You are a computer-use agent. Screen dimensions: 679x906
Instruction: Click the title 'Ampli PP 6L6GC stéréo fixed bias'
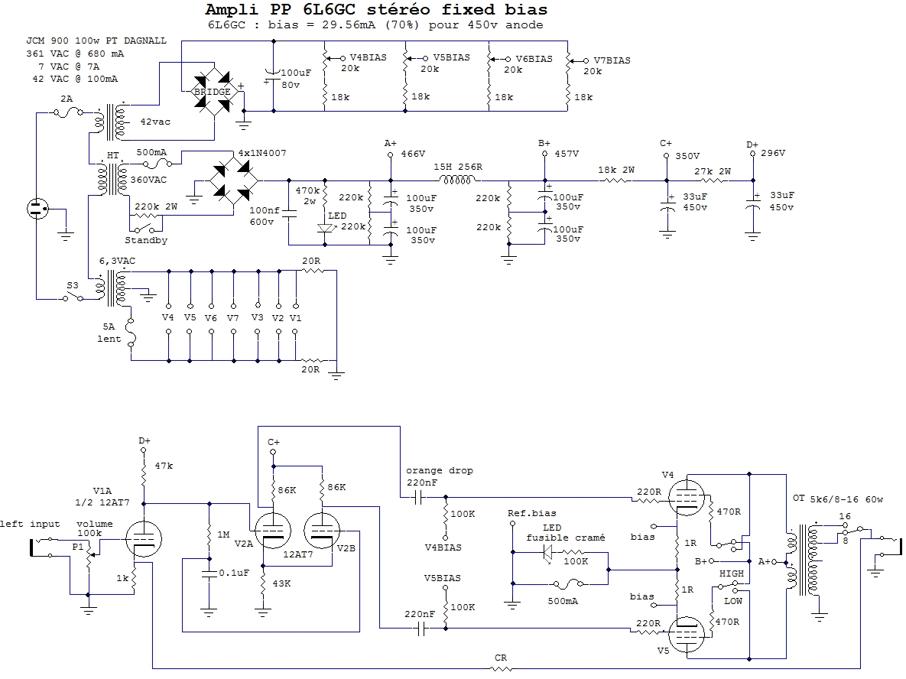[376, 10]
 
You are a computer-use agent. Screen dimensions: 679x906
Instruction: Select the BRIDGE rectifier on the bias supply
[211, 91]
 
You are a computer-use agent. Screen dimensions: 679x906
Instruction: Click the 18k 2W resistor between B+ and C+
[616, 180]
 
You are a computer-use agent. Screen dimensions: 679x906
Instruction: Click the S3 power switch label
[72, 285]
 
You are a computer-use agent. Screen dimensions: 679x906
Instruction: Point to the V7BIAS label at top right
[612, 60]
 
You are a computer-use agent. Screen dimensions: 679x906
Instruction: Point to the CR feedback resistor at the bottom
[501, 668]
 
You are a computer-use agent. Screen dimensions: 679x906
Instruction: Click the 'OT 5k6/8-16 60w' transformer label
[838, 499]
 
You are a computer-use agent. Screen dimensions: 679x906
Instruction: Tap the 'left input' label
[30, 524]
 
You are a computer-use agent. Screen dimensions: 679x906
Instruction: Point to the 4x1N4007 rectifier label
[262, 153]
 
